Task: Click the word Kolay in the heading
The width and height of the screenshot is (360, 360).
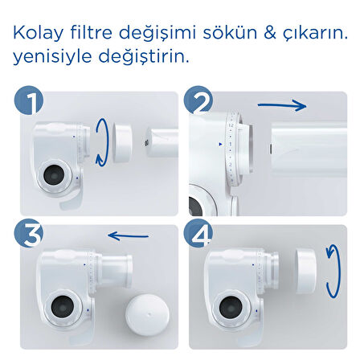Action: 37,35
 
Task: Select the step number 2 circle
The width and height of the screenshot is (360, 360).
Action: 198,103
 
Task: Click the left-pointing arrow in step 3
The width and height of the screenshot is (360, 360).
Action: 129,236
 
